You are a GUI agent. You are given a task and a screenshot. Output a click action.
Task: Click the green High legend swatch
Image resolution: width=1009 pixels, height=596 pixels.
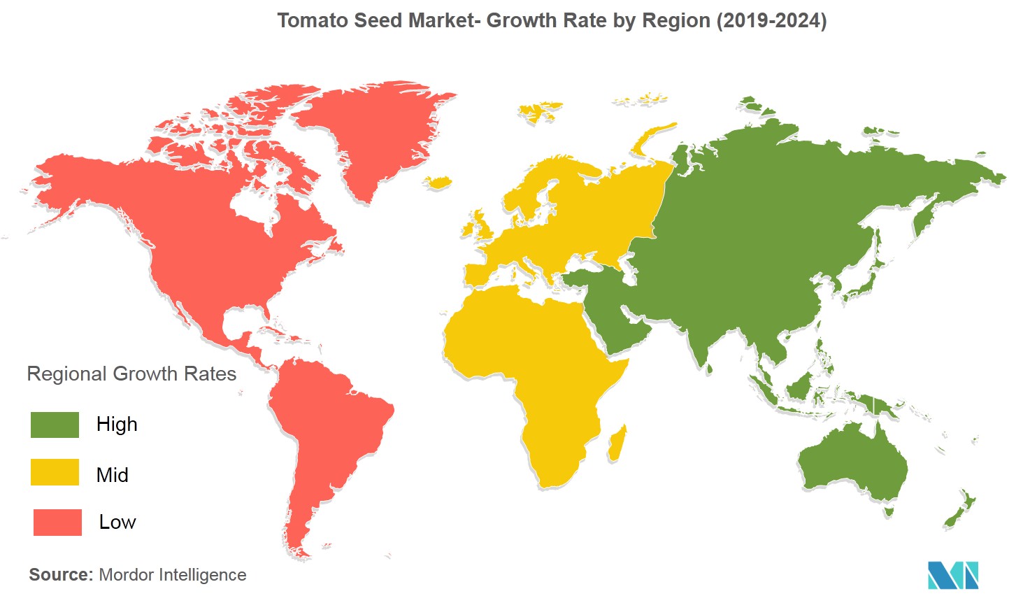coord(55,425)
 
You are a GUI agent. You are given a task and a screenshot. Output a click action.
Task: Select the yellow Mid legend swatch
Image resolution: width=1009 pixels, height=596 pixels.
coord(55,472)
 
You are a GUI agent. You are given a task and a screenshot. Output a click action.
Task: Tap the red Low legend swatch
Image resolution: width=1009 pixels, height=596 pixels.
coord(57,522)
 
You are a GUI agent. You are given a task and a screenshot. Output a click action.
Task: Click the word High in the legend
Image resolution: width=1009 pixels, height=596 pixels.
coord(117,425)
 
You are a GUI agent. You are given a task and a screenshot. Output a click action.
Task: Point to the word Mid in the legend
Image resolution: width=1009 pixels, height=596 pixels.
coord(113,475)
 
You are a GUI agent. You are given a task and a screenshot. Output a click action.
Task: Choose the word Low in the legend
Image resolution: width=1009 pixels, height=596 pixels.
coord(117,522)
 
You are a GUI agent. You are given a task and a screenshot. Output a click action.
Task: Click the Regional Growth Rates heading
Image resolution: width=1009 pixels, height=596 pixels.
coord(131,374)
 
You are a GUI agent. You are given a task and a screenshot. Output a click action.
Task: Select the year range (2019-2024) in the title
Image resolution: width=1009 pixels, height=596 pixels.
coord(771,20)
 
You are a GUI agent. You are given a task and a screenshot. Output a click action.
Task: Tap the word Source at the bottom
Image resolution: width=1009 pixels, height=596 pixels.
coord(60,574)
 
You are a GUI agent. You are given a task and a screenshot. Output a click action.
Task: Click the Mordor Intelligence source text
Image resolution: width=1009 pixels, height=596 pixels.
coord(173,574)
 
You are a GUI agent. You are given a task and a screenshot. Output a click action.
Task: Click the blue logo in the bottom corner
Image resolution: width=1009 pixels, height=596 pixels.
coord(952,574)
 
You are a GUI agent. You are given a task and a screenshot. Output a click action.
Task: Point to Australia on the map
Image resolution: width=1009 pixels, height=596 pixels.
coord(853,462)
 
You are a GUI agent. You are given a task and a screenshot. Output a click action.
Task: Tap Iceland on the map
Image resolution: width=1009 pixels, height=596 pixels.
coord(438,183)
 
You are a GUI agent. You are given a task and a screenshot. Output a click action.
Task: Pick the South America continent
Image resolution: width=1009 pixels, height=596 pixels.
coord(322,434)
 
